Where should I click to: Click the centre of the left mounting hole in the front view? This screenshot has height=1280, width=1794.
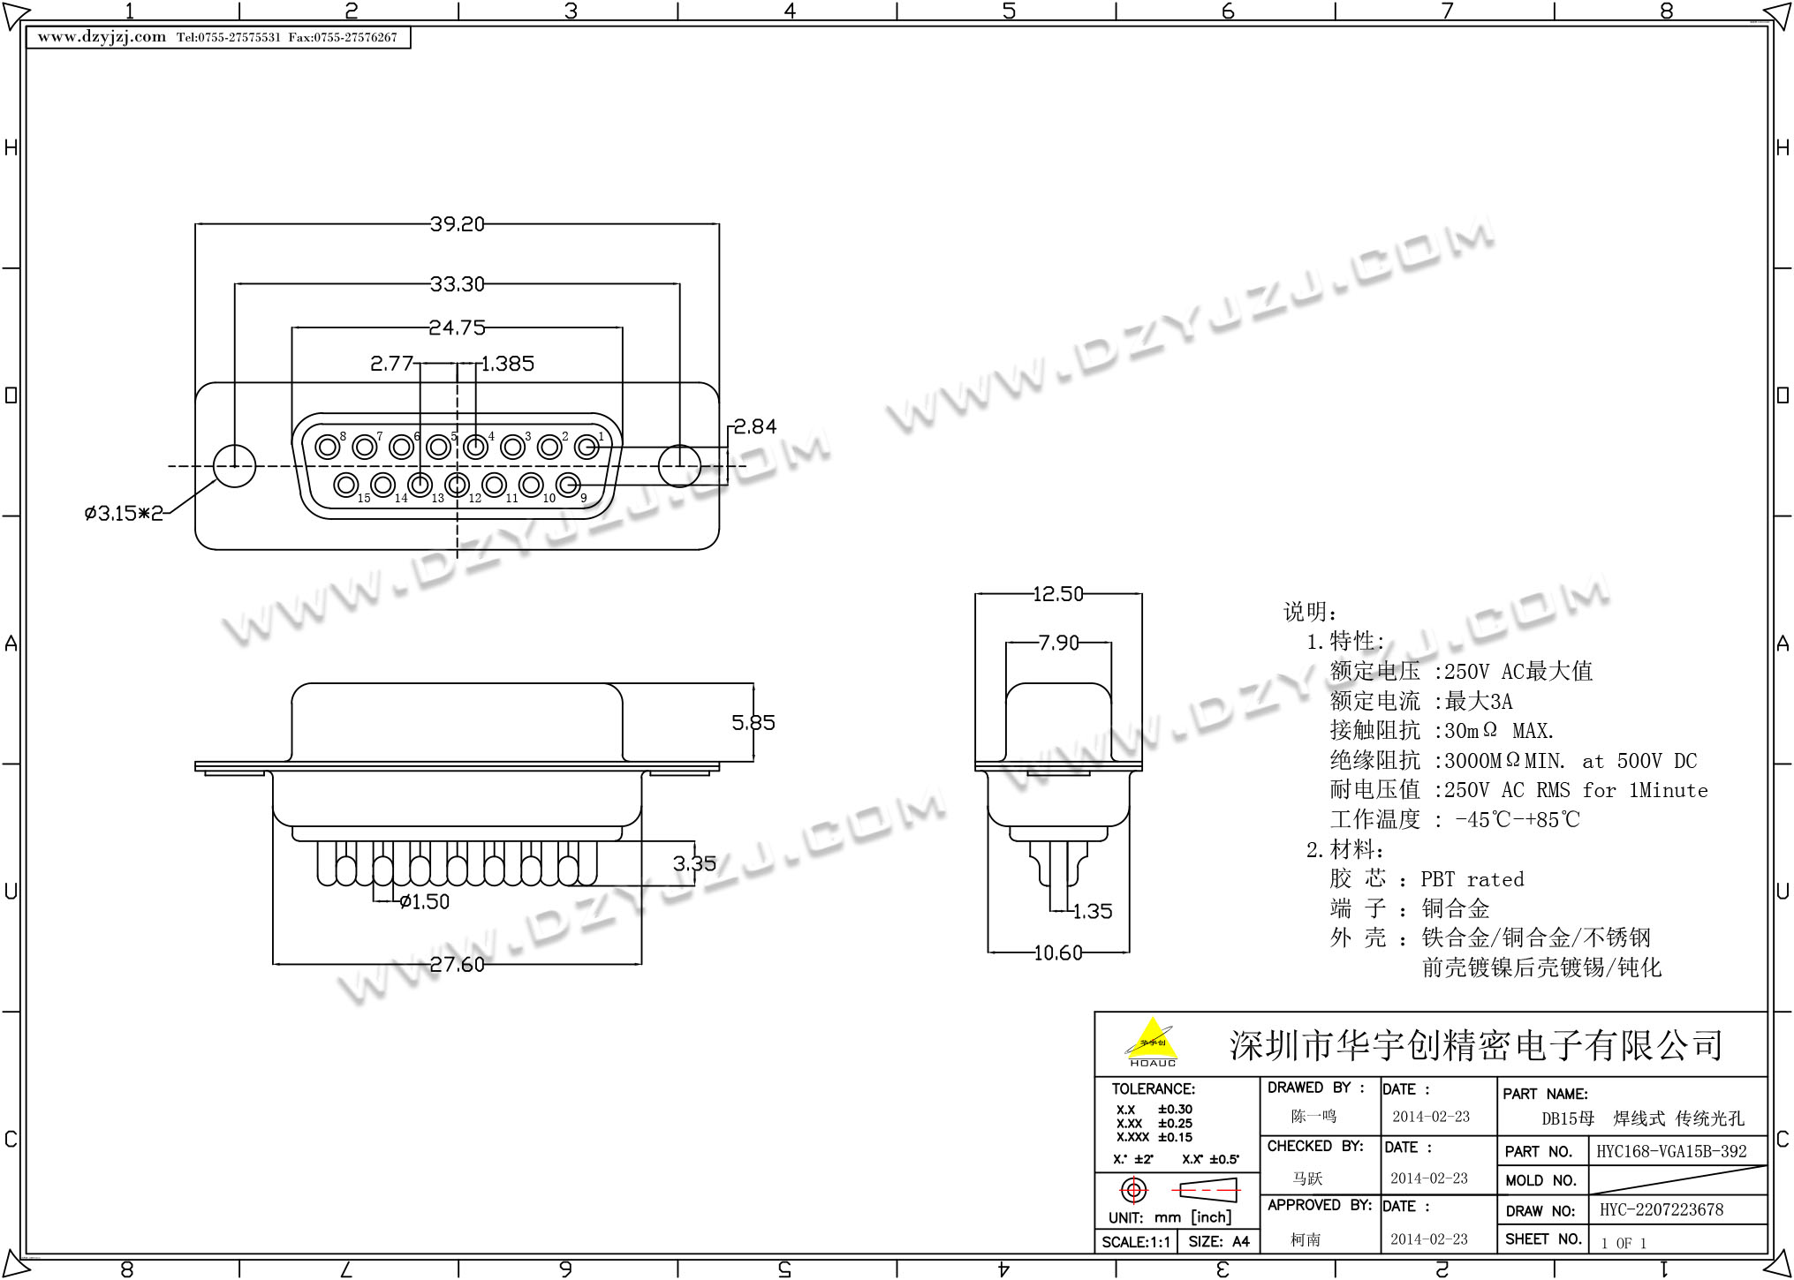click(x=234, y=465)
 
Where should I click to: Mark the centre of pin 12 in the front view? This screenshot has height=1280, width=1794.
click(x=457, y=484)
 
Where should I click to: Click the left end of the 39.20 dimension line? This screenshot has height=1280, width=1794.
click(x=195, y=224)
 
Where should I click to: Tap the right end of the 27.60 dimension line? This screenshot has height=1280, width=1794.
click(x=641, y=964)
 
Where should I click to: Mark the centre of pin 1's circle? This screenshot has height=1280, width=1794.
click(x=587, y=447)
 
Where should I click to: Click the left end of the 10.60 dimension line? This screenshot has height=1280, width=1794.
click(x=988, y=952)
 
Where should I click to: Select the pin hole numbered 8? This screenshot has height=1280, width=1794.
click(x=328, y=447)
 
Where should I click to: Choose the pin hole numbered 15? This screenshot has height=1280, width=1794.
click(x=345, y=484)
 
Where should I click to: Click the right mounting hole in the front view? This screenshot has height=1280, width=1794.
click(x=679, y=465)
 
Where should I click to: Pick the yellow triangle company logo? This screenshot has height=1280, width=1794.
click(x=1152, y=1038)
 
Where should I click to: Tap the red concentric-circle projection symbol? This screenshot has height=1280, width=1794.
click(x=1133, y=1190)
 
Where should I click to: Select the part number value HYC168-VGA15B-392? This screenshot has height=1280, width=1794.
click(x=1671, y=1151)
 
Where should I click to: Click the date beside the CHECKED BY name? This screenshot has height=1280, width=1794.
click(x=1429, y=1178)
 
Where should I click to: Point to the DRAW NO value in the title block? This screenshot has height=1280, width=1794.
click(x=1662, y=1209)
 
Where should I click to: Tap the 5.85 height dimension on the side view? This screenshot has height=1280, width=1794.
click(x=753, y=723)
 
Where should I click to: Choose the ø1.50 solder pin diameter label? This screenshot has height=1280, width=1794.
click(x=424, y=901)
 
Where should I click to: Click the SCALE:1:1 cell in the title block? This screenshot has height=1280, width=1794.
click(x=1136, y=1242)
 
